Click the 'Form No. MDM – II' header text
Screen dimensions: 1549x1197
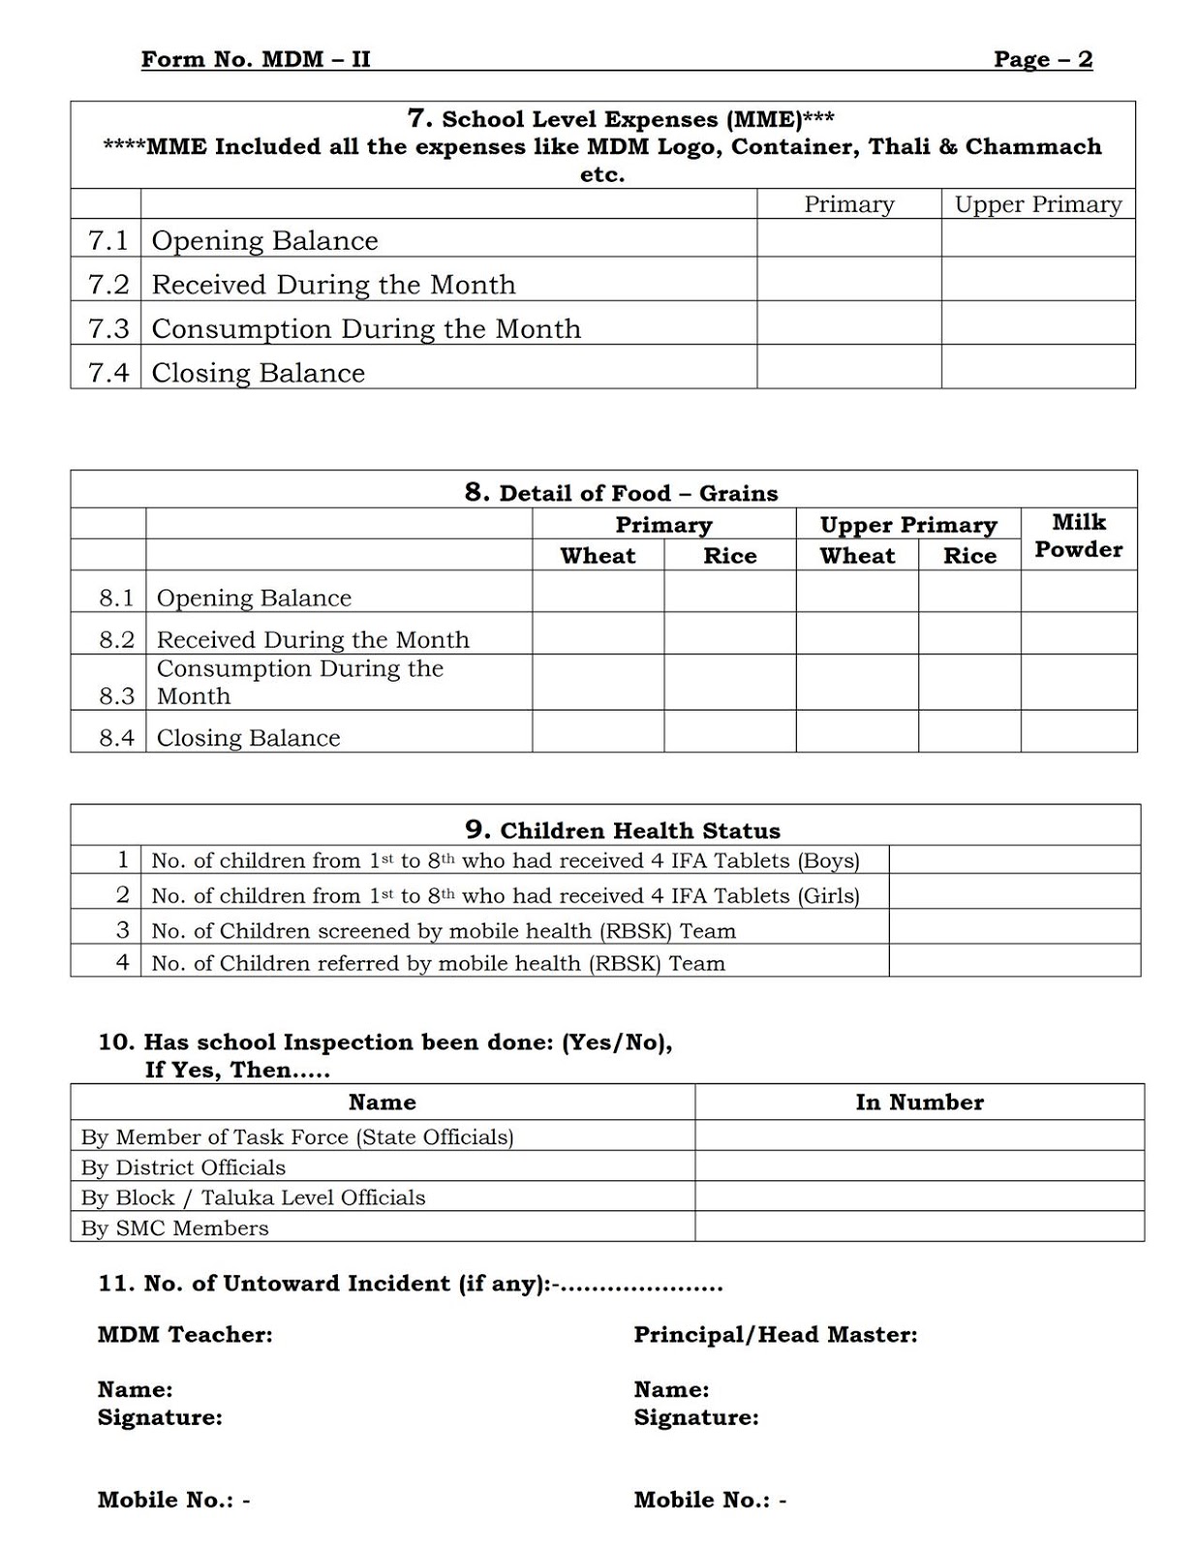tap(256, 59)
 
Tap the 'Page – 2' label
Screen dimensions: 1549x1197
tap(1042, 59)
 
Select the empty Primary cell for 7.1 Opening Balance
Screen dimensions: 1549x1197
tap(848, 239)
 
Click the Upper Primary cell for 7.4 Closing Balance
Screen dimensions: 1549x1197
tap(1037, 368)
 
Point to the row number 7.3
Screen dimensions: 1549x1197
tap(107, 329)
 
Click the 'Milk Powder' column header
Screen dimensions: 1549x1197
tap(1078, 536)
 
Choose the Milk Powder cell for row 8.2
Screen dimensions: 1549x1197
tap(1078, 633)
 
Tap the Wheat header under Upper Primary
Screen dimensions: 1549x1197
tap(856, 556)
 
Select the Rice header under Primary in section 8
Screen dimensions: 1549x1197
tap(729, 556)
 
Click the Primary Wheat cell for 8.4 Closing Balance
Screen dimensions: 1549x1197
tap(598, 732)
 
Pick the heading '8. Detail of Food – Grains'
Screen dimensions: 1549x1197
tap(621, 493)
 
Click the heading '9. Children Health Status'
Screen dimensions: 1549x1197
tap(622, 830)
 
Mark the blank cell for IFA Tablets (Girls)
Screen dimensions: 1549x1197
tap(1014, 894)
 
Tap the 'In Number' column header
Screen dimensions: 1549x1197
tap(919, 1102)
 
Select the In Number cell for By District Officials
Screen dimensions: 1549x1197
tap(919, 1167)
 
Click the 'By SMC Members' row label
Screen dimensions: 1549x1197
tap(174, 1228)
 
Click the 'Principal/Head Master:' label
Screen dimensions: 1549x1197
tap(775, 1334)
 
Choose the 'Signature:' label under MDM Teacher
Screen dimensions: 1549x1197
tap(160, 1417)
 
